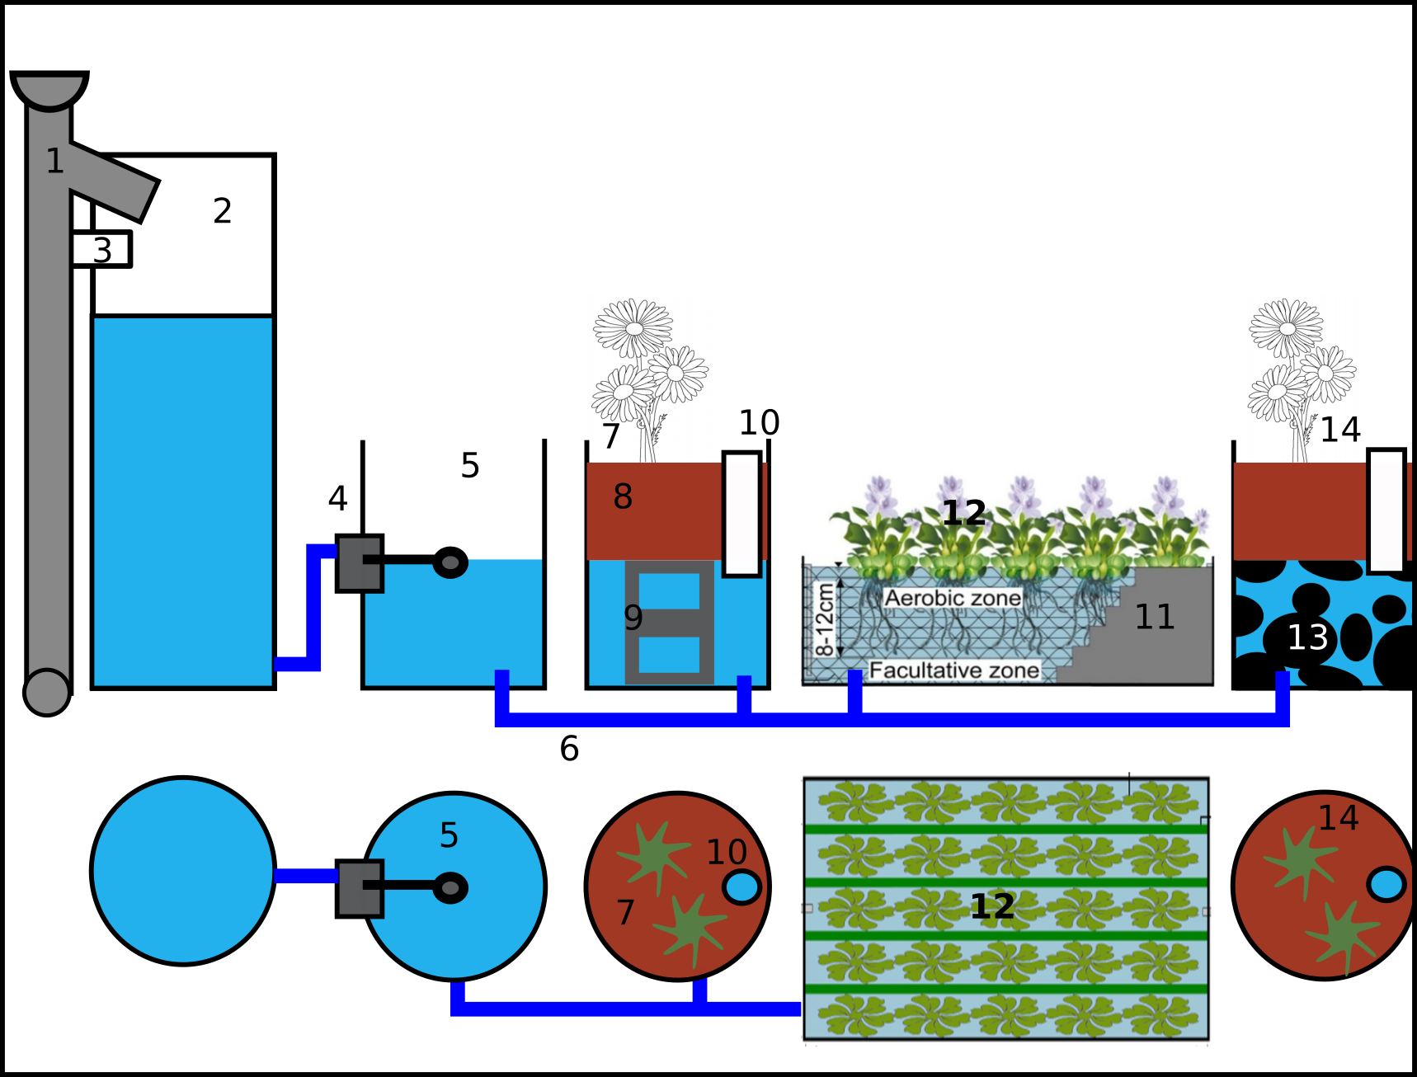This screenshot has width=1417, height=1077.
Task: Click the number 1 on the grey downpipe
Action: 54,162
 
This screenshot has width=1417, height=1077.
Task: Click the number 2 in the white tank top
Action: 222,211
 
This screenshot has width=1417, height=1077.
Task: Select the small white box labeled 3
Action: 101,250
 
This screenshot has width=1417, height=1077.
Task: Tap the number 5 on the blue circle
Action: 449,836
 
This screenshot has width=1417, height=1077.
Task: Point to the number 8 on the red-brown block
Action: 623,496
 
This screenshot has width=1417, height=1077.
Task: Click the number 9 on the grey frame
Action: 633,618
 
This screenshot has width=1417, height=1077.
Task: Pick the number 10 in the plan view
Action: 726,852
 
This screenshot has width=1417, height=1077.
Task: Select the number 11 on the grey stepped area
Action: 1154,617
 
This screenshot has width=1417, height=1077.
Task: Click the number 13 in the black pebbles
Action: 1307,637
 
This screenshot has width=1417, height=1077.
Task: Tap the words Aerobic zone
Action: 953,598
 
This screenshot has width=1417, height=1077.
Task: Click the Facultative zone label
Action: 954,670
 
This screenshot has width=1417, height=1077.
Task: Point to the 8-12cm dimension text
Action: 824,619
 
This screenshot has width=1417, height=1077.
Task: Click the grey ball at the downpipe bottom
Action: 47,692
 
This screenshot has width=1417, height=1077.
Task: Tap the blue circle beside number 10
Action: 741,887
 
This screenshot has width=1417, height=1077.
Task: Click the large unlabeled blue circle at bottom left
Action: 182,871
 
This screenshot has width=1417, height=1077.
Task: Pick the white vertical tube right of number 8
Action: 741,514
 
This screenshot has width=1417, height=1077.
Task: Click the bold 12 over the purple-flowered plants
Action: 963,513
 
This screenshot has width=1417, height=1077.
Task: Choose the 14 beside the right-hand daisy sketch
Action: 1339,430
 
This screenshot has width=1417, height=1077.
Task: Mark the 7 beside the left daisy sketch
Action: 610,436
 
